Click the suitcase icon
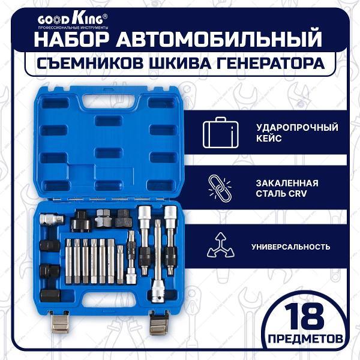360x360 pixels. [x=220, y=133]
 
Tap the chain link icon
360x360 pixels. [x=220, y=188]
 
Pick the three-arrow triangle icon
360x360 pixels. [x=221, y=245]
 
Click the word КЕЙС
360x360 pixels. [x=269, y=139]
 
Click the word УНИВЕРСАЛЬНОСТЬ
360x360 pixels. [x=291, y=247]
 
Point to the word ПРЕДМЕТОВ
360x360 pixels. [x=305, y=338]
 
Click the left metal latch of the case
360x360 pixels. [x=60, y=322]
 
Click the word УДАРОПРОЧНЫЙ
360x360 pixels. [x=298, y=127]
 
